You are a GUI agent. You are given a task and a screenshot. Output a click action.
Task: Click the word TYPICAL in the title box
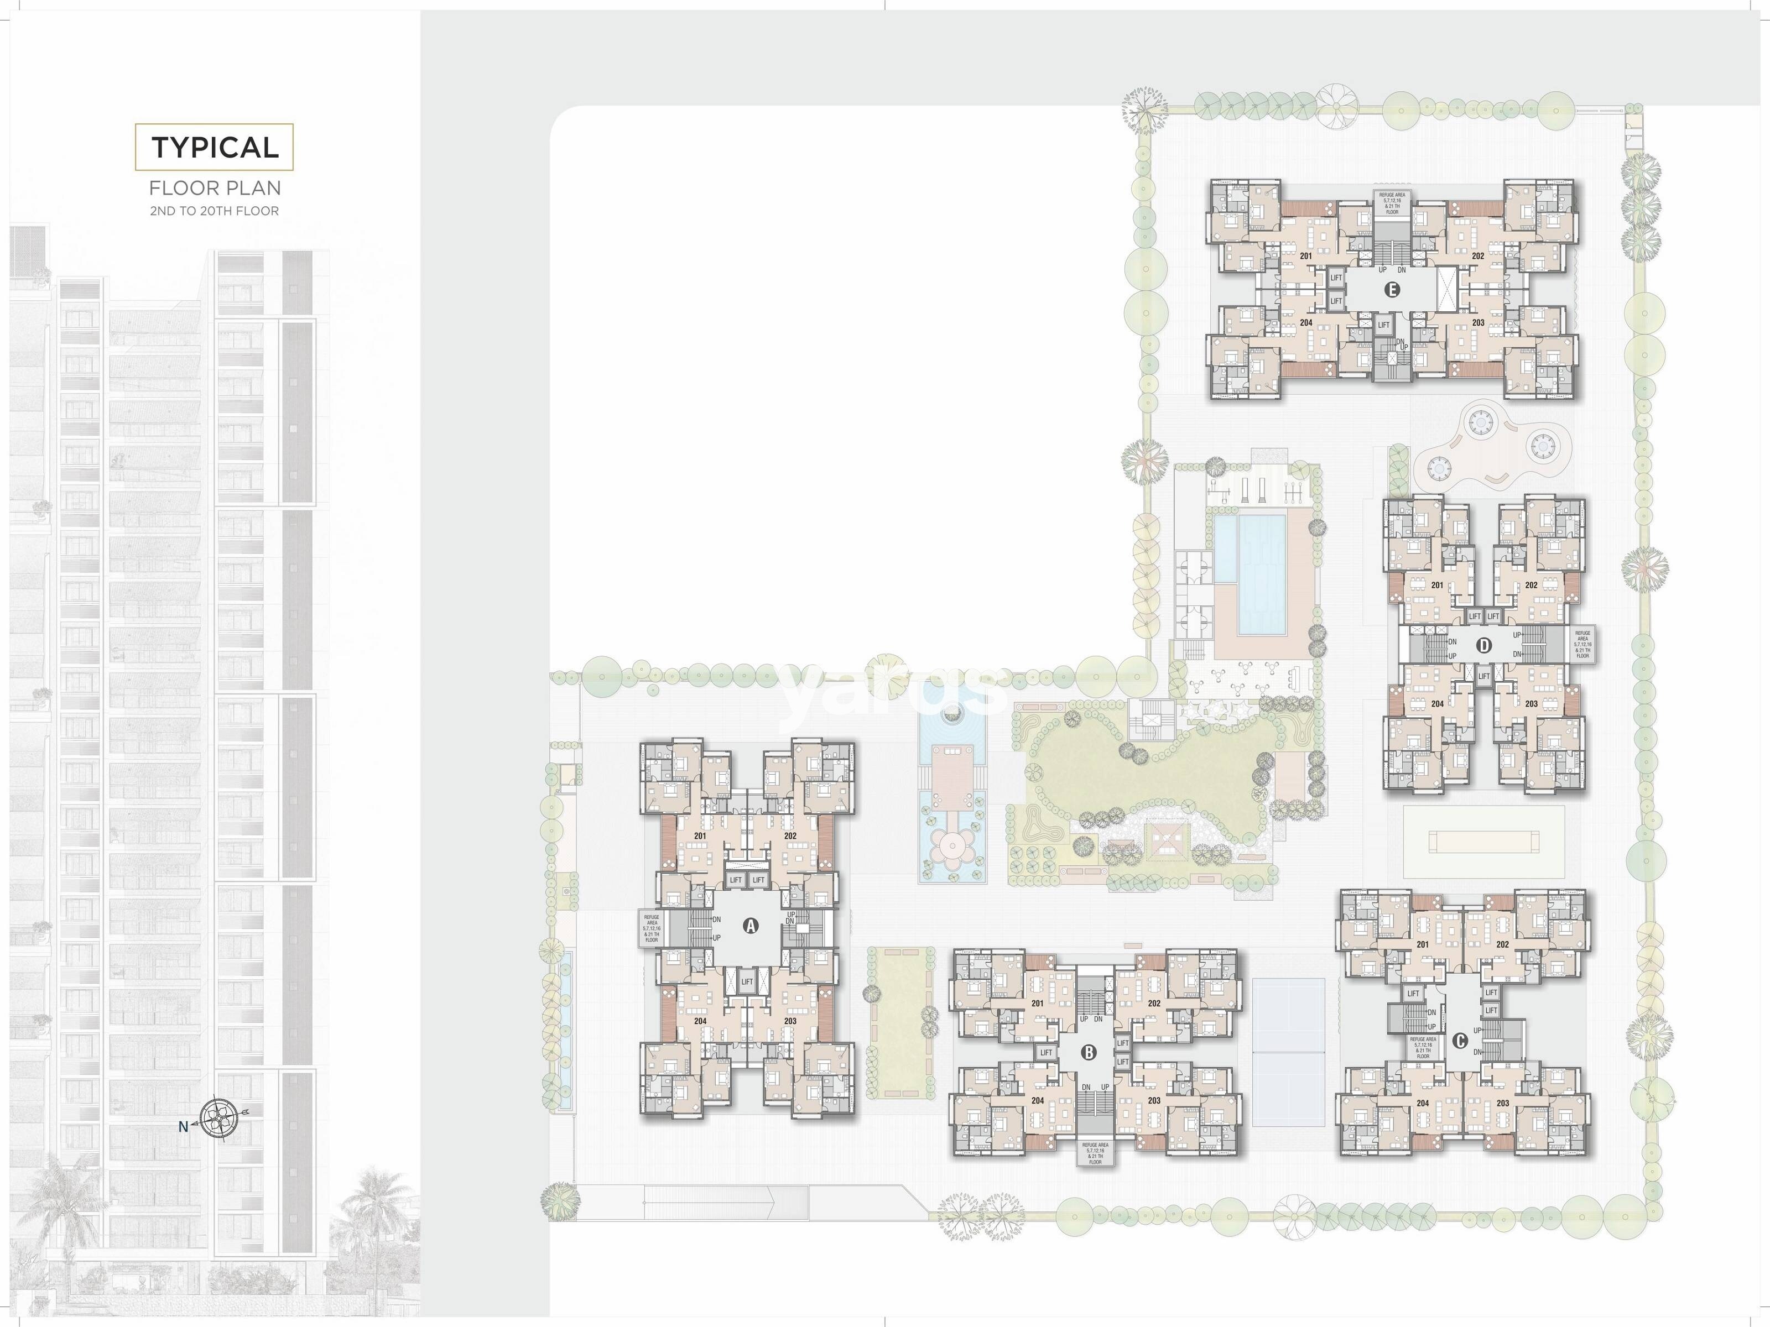pyautogui.click(x=215, y=147)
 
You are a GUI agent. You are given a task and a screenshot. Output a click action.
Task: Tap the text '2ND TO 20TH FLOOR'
pyautogui.click(x=215, y=211)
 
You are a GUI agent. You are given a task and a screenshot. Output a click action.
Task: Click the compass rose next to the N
pyautogui.click(x=219, y=1117)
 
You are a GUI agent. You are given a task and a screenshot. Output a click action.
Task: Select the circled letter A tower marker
pyautogui.click(x=751, y=926)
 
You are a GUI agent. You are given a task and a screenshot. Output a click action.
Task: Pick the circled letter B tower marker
pyautogui.click(x=1088, y=1053)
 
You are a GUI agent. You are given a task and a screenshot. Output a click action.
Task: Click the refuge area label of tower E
pyautogui.click(x=1392, y=203)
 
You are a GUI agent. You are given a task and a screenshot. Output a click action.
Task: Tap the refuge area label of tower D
pyautogui.click(x=1582, y=644)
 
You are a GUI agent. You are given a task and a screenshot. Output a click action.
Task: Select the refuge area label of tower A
pyautogui.click(x=652, y=928)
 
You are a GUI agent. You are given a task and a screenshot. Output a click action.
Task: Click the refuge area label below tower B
pyautogui.click(x=1095, y=1153)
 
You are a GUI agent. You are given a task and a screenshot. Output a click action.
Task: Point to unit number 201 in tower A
pyautogui.click(x=700, y=837)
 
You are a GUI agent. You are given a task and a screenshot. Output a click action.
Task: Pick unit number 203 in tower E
pyautogui.click(x=1478, y=323)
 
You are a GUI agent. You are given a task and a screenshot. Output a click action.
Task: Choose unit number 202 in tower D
pyautogui.click(x=1530, y=586)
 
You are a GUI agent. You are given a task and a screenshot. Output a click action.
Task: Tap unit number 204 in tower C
pyautogui.click(x=1423, y=1103)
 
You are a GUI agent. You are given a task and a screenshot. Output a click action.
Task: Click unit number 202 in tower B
pyautogui.click(x=1154, y=1003)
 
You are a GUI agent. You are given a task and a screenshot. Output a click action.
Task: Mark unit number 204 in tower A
pyautogui.click(x=700, y=1021)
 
